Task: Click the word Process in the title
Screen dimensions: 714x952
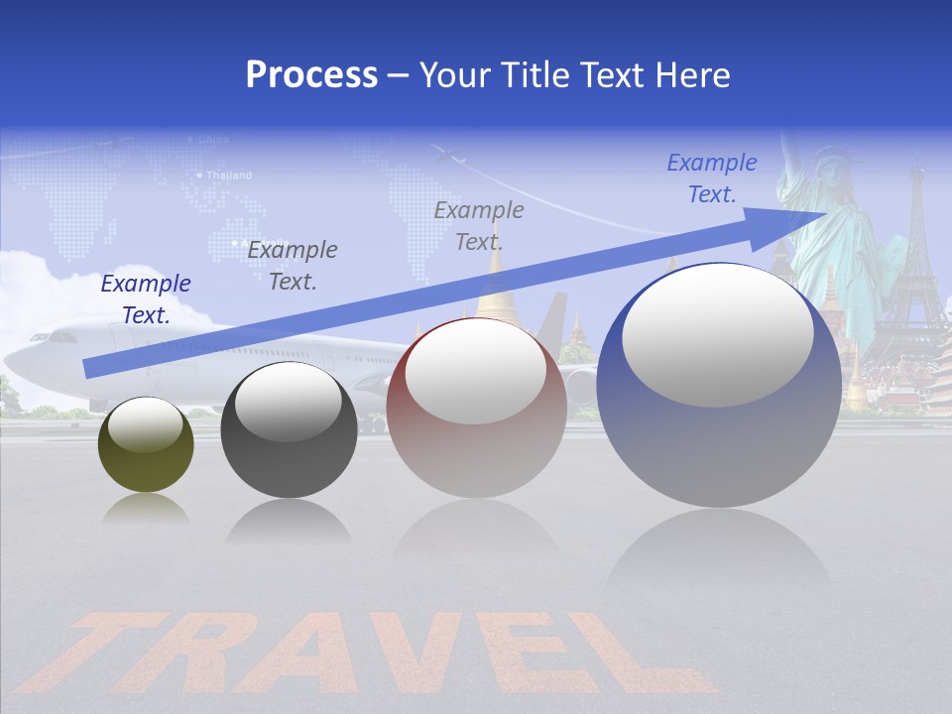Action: [x=311, y=75]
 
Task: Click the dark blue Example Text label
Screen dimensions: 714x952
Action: [x=146, y=299]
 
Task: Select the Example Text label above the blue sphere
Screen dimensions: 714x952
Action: [x=712, y=178]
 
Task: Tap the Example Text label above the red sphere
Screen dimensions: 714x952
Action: [x=479, y=225]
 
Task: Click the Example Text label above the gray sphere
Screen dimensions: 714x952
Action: [x=293, y=265]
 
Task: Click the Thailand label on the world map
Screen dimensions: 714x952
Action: [x=229, y=176]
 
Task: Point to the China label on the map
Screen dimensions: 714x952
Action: [x=212, y=140]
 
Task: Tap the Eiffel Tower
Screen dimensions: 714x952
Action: [x=914, y=258]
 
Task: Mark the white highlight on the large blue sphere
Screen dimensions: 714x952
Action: [x=717, y=335]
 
